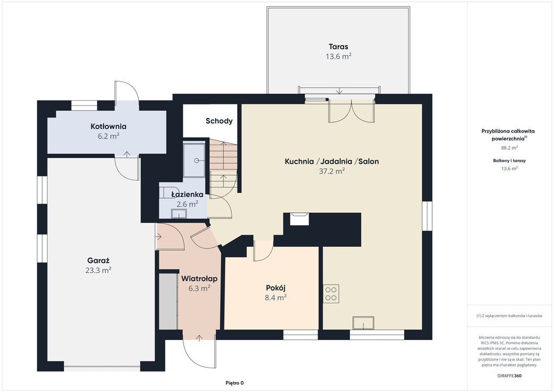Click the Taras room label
point(338,47)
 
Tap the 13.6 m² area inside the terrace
point(338,56)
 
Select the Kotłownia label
point(108,126)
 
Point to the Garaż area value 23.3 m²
point(98,270)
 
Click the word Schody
point(219,121)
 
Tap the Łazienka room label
point(187,194)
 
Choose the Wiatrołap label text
point(199,278)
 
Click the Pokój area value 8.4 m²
point(275,298)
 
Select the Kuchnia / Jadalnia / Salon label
point(332,161)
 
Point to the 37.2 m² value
point(332,171)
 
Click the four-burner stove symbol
point(331,293)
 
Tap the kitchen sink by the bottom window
point(363,323)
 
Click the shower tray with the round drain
point(194,160)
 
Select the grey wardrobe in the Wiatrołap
point(168,301)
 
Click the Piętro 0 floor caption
point(235,383)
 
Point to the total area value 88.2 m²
point(509,148)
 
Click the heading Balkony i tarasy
point(509,160)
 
